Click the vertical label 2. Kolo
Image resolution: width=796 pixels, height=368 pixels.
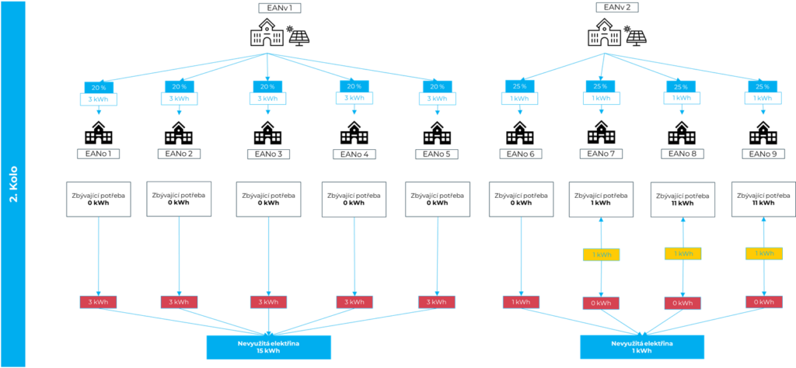coord(13,184)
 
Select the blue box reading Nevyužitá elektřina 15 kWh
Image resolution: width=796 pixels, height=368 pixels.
coord(268,347)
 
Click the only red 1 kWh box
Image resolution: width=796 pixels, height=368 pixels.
coord(521,303)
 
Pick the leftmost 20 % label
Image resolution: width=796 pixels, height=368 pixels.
coord(98,87)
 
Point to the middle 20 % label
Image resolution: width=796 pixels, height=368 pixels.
coord(268,87)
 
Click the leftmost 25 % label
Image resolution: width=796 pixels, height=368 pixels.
coord(519,86)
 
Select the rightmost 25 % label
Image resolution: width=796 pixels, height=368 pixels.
coord(762,86)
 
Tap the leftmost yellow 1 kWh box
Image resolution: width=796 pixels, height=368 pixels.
coord(601,255)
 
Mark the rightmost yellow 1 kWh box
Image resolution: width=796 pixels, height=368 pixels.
coord(763,254)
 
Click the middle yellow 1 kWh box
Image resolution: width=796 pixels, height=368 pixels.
coord(683,254)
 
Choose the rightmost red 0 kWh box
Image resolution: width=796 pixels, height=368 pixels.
coord(763,302)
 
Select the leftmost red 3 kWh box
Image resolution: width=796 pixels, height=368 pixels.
coord(98,302)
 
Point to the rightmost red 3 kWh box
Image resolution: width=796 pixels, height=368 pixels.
coord(437,302)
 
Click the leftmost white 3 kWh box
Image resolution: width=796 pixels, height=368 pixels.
coord(98,99)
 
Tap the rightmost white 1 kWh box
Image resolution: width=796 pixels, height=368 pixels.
coord(762,99)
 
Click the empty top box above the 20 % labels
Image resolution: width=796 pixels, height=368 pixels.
coord(280,9)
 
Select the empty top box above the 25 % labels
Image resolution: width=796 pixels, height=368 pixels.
coord(617,7)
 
